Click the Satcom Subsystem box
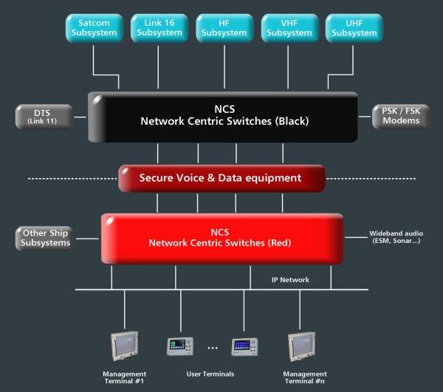point(94,28)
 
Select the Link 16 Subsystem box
point(158,28)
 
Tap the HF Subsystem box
point(223,28)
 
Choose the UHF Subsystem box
point(354,28)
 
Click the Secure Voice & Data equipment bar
point(221,178)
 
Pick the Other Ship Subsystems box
point(46,238)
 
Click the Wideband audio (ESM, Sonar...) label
point(395,237)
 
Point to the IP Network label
point(289,281)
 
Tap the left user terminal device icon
point(180,346)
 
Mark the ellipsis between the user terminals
point(212,348)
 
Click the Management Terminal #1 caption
point(124,378)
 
